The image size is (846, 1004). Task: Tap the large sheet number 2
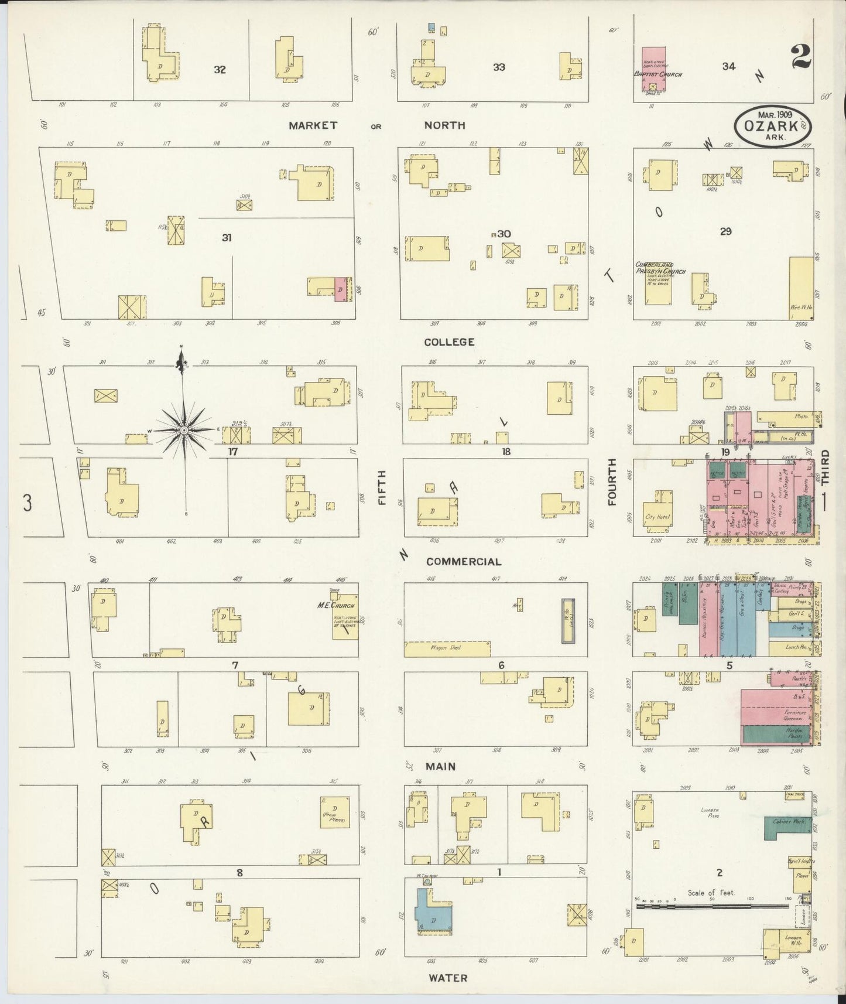pos(800,57)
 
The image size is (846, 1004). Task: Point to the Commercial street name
pos(463,562)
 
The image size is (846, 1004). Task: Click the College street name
pos(449,342)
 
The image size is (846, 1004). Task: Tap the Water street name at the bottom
pos(448,978)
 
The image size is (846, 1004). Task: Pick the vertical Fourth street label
pos(612,481)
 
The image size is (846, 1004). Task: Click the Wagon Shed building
pos(447,648)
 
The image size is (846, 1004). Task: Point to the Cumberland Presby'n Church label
pos(655,268)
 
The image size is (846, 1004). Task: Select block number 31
pos(227,237)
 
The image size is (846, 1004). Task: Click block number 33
pos(498,67)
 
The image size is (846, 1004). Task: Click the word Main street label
pos(440,766)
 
